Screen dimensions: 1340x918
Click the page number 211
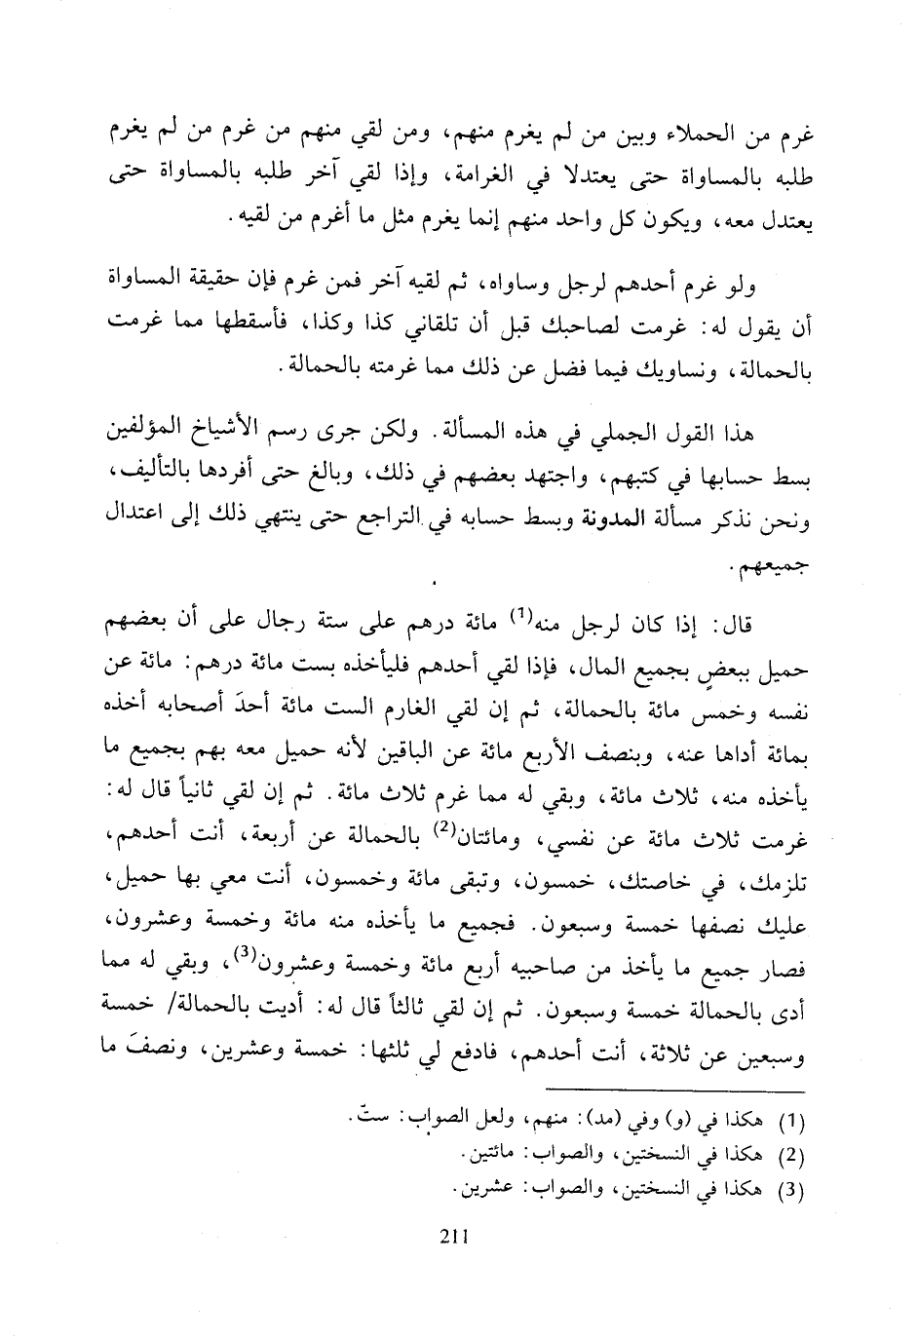pos(455,1237)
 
